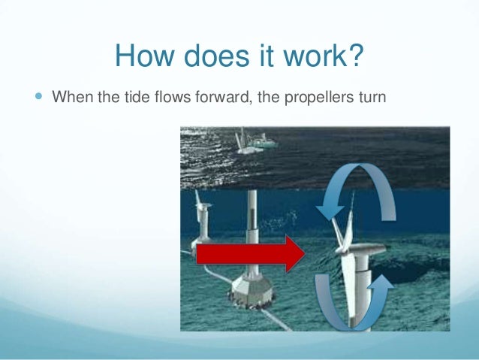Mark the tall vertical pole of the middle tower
[253, 225]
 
